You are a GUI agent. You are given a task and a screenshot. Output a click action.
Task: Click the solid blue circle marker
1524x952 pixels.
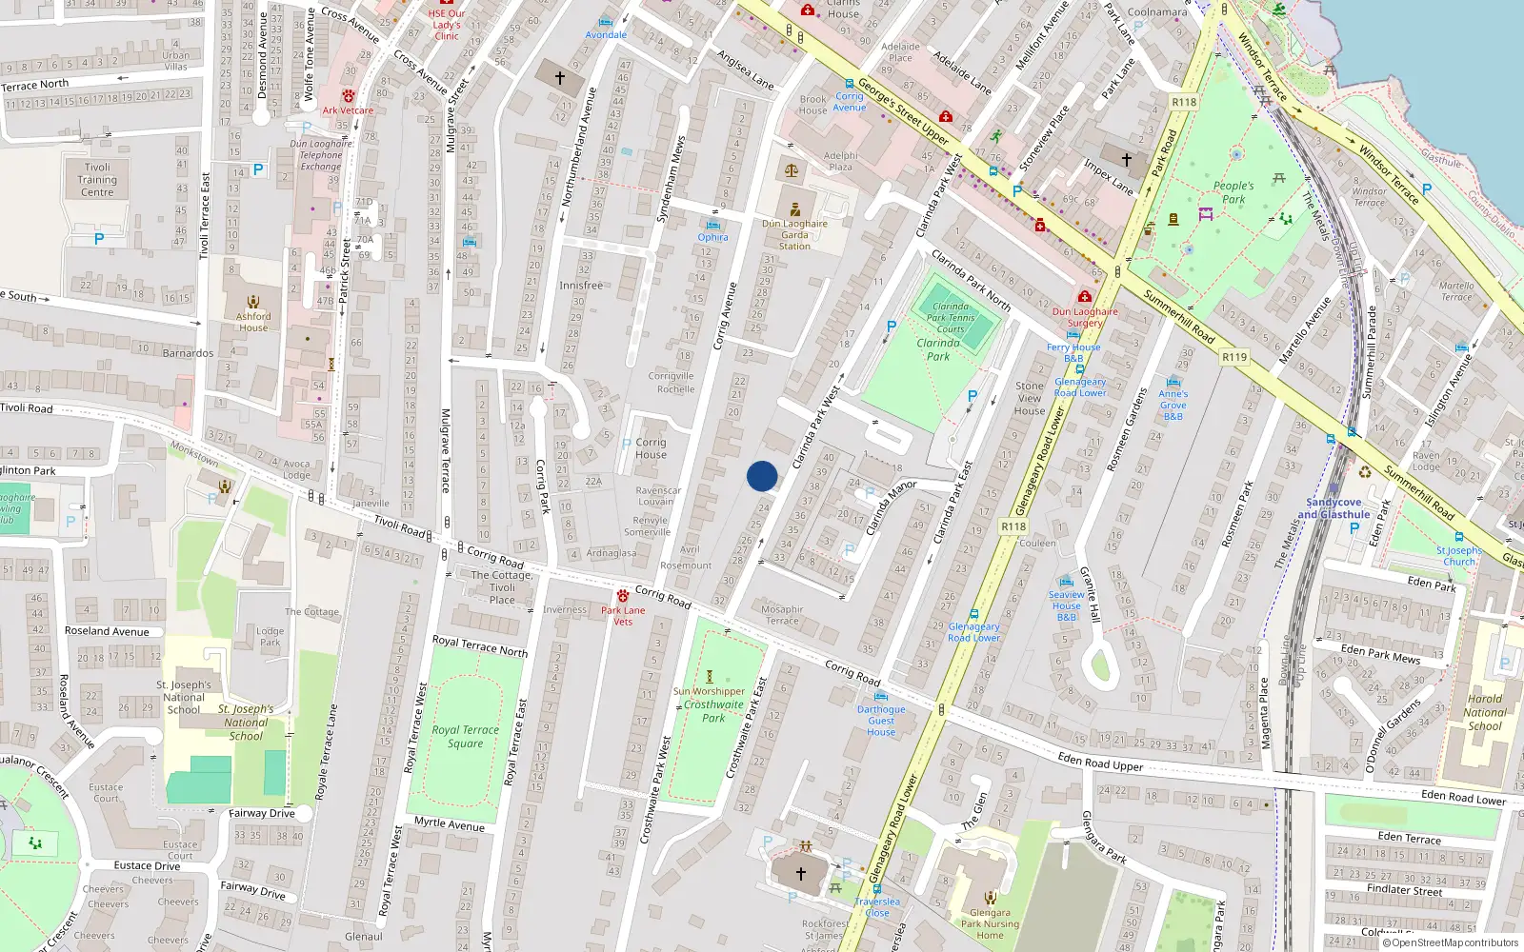click(762, 476)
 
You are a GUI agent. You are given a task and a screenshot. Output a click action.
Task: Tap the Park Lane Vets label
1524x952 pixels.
click(623, 616)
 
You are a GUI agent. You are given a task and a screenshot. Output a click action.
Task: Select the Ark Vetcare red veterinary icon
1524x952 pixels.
click(349, 96)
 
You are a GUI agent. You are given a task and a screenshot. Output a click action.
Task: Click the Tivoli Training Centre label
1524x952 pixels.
click(97, 180)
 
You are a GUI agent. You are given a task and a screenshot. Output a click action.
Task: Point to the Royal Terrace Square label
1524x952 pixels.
click(465, 737)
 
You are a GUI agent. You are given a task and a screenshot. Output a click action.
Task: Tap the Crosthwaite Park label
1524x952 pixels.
click(713, 711)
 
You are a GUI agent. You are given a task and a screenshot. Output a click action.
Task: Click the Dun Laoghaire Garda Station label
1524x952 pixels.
click(794, 235)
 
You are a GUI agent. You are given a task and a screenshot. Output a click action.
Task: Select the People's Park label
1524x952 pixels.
click(1233, 192)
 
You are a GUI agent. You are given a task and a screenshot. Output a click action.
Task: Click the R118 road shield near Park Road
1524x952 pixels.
click(1184, 102)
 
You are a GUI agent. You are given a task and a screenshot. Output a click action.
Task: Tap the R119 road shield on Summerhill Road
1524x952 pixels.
click(1234, 357)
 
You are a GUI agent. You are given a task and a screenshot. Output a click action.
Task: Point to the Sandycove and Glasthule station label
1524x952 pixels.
click(1333, 508)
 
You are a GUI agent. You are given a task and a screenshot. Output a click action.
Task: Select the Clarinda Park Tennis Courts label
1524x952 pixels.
click(951, 318)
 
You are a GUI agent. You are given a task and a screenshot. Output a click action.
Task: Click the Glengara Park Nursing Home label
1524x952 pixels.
click(990, 923)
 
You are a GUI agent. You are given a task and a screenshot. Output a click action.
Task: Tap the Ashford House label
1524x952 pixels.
click(253, 322)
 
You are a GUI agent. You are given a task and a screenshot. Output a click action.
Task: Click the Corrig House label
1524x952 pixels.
click(651, 448)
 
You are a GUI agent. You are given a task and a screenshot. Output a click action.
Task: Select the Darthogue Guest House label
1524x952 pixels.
click(881, 721)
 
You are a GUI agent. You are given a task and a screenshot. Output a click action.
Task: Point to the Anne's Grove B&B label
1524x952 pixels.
click(1173, 405)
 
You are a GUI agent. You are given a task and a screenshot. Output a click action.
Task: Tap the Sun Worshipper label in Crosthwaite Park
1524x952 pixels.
click(709, 691)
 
